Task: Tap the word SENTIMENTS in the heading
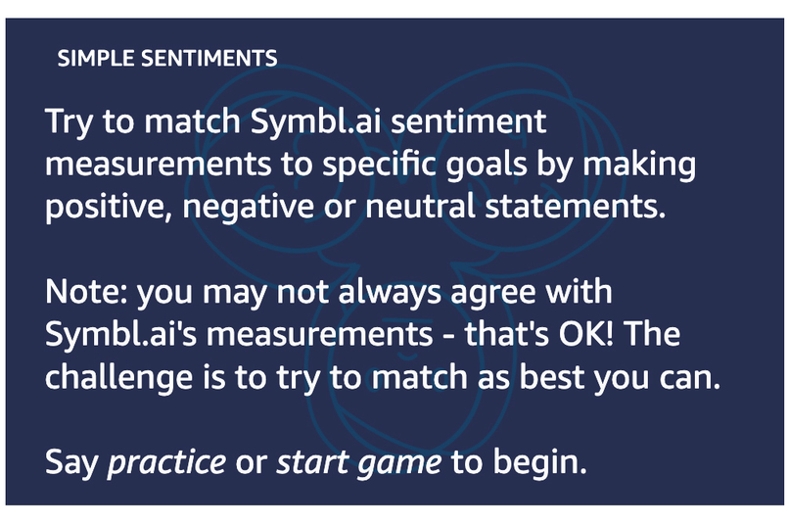[209, 59]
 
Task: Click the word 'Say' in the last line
[70, 462]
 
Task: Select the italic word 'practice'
[165, 461]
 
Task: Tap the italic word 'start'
[311, 461]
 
